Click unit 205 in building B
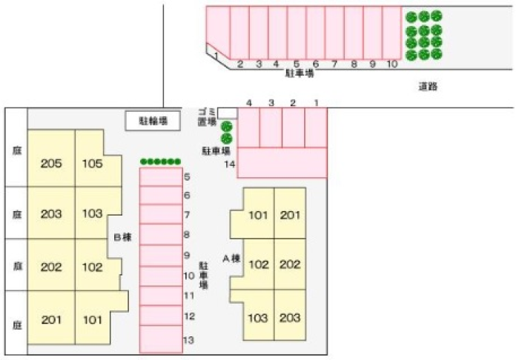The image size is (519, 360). tap(51, 163)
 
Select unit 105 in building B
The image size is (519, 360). tap(92, 163)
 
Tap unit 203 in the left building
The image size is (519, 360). tap(51, 214)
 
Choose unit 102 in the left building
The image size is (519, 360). tap(92, 267)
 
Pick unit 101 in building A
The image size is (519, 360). tap(257, 216)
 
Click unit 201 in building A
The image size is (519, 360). tap(290, 216)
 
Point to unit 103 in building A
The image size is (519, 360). tap(257, 318)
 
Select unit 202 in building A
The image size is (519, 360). tap(290, 264)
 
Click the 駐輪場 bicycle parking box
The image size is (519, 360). tap(152, 120)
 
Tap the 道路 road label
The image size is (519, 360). tap(428, 87)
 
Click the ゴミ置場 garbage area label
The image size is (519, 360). tap(206, 117)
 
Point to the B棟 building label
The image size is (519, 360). tap(122, 238)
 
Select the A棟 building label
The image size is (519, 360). tap(232, 259)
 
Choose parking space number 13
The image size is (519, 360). tap(161, 339)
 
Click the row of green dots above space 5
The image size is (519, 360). tap(160, 161)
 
